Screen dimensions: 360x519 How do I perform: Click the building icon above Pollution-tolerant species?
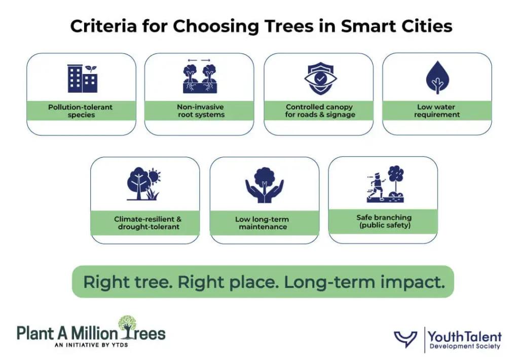[x=82, y=79]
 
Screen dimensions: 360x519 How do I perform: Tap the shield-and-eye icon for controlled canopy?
[x=319, y=79]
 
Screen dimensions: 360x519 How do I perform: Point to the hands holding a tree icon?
[x=264, y=183]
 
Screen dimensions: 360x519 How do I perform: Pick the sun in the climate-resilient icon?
[x=154, y=177]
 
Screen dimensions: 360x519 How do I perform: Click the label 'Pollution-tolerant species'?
[x=81, y=111]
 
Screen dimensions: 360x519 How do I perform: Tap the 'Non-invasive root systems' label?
[x=200, y=111]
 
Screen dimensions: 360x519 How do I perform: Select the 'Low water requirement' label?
[x=436, y=111]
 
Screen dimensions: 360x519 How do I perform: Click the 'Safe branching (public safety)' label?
[x=384, y=221]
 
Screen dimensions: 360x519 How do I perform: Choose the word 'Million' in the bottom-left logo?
[x=93, y=333]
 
